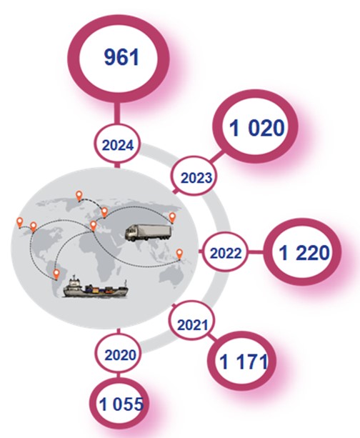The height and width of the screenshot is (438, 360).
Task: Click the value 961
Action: click(121, 57)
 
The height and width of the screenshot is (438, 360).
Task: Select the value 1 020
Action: click(256, 128)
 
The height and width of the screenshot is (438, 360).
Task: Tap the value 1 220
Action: click(304, 253)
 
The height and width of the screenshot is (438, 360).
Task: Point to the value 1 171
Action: click(244, 362)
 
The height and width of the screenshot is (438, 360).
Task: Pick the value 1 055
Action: click(121, 404)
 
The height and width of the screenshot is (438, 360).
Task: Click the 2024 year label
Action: click(118, 146)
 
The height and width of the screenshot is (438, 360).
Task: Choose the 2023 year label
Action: click(196, 178)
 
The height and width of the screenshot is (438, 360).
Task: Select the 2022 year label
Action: click(226, 254)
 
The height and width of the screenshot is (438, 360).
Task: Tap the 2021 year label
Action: click(193, 325)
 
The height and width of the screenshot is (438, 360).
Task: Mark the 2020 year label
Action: click(121, 355)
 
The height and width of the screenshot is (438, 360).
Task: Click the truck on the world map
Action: click(148, 232)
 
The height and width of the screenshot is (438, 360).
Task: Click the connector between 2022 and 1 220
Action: click(255, 252)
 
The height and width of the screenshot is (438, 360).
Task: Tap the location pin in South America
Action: click(56, 274)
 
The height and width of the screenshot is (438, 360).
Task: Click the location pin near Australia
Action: click(179, 254)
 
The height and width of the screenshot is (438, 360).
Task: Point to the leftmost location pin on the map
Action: click(19, 223)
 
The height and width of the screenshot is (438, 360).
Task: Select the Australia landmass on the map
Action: click(171, 277)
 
